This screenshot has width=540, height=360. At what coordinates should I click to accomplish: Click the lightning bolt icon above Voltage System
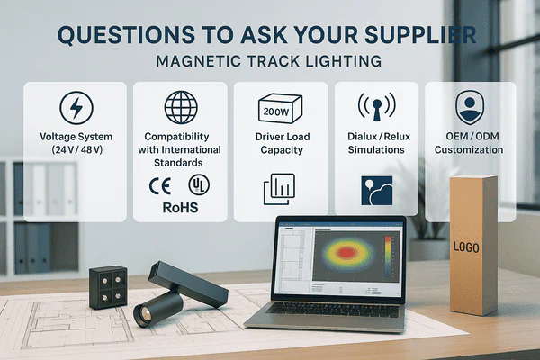pos(75,108)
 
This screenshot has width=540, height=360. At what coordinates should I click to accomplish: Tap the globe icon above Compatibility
pos(181,107)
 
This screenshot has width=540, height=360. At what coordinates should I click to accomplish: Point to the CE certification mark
pos(159,185)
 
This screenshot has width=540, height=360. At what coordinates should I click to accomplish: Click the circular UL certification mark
pos(194,184)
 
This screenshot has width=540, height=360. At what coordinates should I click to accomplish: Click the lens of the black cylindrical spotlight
pos(143,312)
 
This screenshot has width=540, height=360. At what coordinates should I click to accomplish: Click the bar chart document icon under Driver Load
pos(278,191)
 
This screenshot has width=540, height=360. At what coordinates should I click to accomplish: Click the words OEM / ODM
pos(470,137)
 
